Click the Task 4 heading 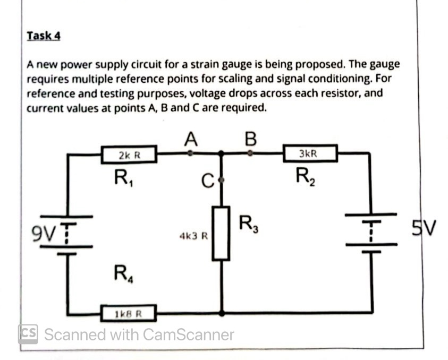pyautogui.click(x=44, y=36)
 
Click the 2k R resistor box pyautogui.click(x=129, y=156)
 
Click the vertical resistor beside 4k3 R pyautogui.click(x=222, y=234)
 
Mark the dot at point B pyautogui.click(x=252, y=153)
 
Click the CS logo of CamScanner pyautogui.click(x=28, y=334)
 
